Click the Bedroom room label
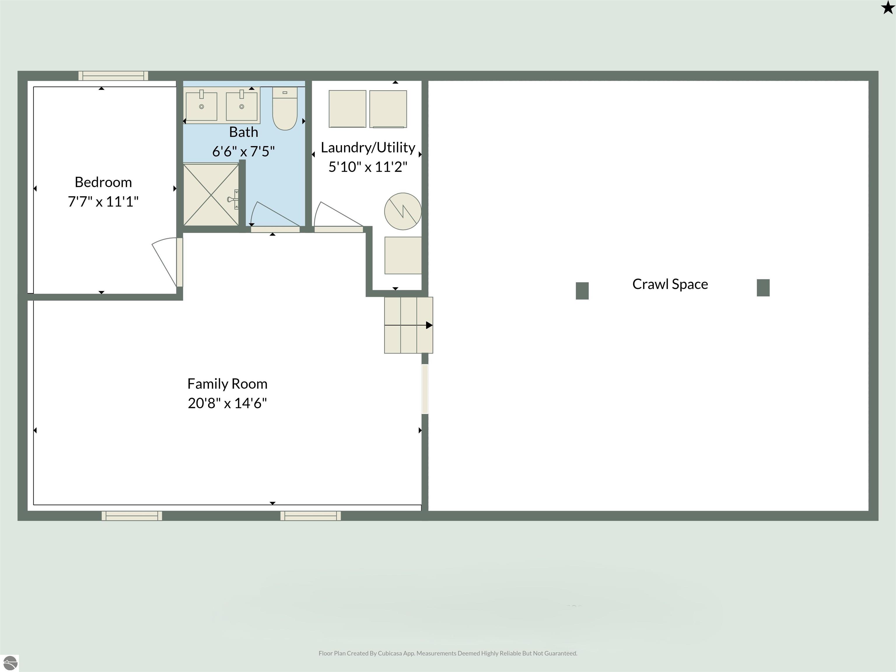tap(103, 182)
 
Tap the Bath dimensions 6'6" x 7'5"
tap(244, 151)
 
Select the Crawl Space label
tap(670, 284)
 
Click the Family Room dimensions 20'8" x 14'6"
tap(227, 403)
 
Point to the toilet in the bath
tap(285, 108)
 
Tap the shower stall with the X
tap(211, 195)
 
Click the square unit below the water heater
tap(403, 256)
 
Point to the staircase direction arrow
tap(409, 325)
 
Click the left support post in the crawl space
tap(582, 291)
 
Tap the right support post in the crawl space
tap(763, 288)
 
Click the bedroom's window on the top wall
tap(113, 76)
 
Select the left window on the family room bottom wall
tap(132, 516)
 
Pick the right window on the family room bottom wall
tap(311, 516)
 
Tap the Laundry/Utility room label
tap(368, 148)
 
